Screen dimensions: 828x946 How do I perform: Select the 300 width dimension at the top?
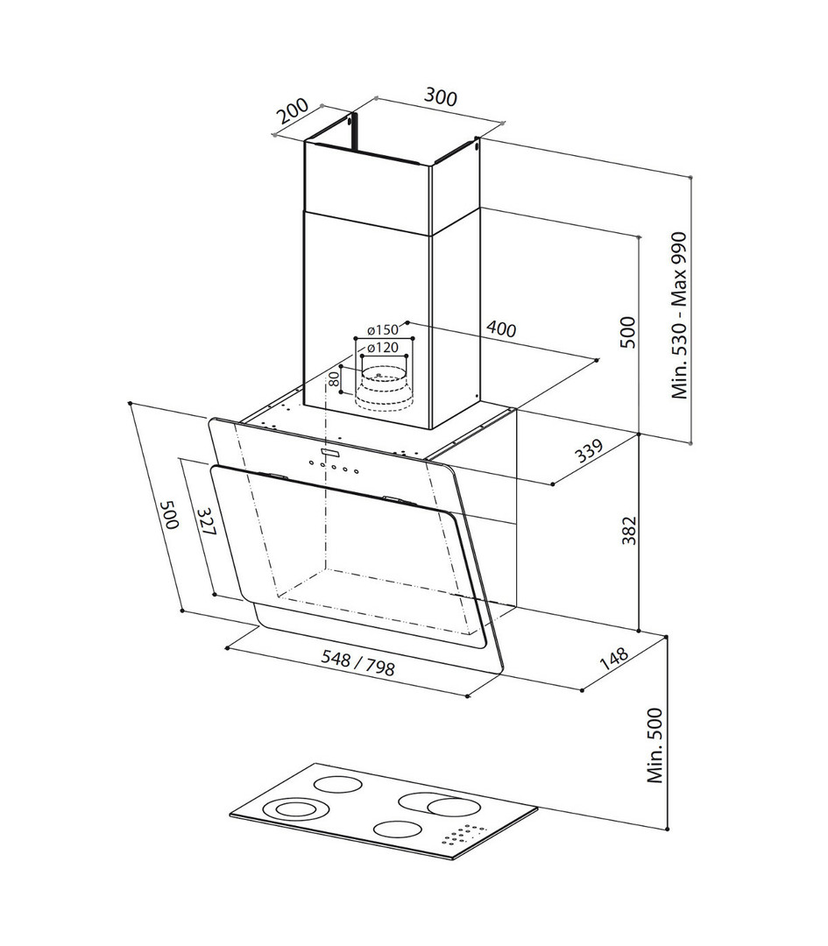click(441, 96)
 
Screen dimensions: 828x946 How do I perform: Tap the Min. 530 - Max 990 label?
click(680, 315)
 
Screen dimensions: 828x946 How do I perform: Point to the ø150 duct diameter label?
click(383, 330)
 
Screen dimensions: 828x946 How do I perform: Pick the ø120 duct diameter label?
click(383, 348)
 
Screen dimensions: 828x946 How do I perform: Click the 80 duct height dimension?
click(334, 379)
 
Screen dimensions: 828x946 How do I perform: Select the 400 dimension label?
click(501, 328)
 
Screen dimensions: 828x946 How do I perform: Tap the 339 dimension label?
click(588, 451)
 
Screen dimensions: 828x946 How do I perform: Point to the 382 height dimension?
click(629, 530)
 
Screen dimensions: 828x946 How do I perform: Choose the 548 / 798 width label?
click(357, 664)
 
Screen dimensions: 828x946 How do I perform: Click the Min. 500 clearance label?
click(655, 745)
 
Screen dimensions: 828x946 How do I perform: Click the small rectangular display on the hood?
click(330, 451)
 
